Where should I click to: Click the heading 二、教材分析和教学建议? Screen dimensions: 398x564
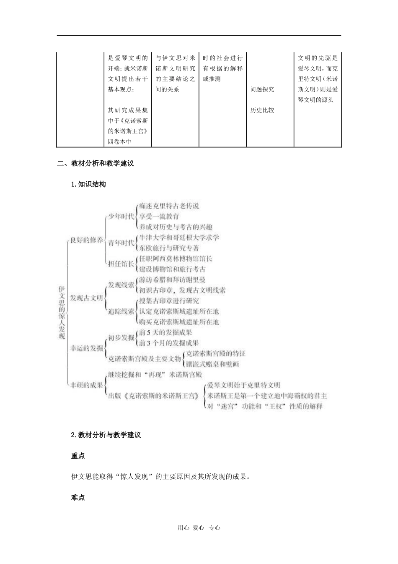click(x=96, y=163)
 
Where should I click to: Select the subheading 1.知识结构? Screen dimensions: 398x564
click(x=88, y=184)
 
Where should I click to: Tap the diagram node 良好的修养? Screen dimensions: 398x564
click(x=86, y=240)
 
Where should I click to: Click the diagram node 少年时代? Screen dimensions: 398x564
click(x=121, y=217)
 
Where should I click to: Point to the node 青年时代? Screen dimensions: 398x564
click(x=121, y=243)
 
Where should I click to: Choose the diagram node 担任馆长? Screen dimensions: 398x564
click(x=121, y=264)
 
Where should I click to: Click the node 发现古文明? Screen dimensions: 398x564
click(x=86, y=298)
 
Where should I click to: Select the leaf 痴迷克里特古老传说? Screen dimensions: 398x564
click(x=169, y=206)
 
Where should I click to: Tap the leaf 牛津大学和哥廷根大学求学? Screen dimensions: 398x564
click(x=179, y=238)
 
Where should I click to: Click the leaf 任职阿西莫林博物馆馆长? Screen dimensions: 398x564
click(x=176, y=258)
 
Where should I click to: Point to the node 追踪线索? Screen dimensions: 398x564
click(x=121, y=311)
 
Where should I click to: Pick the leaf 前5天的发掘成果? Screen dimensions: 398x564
click(x=166, y=332)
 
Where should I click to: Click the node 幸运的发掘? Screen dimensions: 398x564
click(x=86, y=348)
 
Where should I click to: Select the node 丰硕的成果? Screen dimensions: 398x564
click(x=86, y=385)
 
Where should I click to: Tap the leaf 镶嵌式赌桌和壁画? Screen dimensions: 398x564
click(x=212, y=364)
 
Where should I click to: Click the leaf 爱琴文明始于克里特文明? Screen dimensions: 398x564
click(x=243, y=385)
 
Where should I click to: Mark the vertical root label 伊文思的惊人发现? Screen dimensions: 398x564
click(x=62, y=313)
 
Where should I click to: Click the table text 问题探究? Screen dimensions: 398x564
click(x=262, y=89)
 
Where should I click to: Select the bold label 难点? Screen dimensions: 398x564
click(x=78, y=498)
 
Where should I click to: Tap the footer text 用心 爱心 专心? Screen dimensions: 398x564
click(x=199, y=528)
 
